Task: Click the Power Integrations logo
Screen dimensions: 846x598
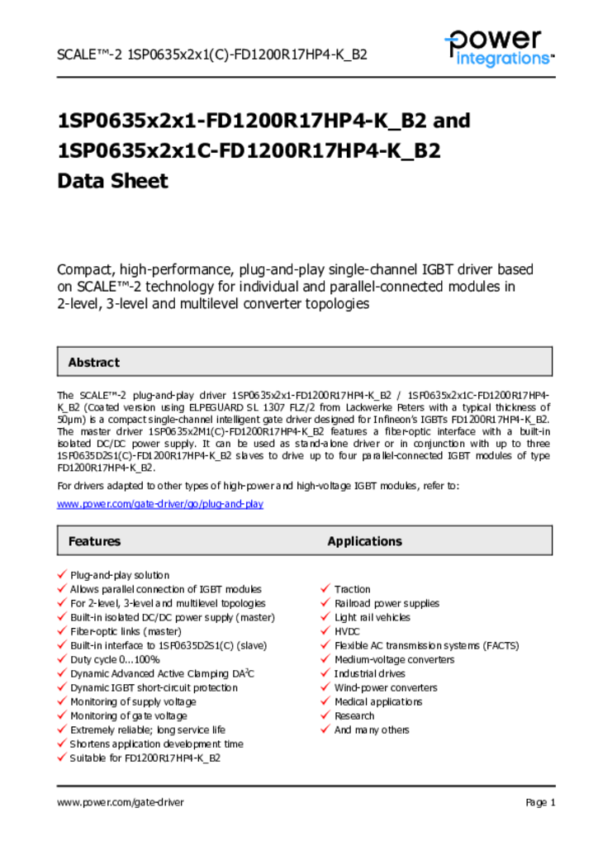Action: (x=498, y=47)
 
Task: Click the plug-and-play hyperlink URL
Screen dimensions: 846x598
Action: (x=160, y=504)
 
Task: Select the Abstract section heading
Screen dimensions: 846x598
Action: (x=93, y=362)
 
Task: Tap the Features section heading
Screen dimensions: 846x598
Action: (x=94, y=541)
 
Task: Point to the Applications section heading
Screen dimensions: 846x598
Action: (x=364, y=541)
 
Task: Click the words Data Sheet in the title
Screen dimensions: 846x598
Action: (x=112, y=181)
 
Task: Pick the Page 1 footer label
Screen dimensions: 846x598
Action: (x=540, y=802)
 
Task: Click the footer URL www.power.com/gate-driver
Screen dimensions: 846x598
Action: (x=121, y=802)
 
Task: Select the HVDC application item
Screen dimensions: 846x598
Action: (x=347, y=631)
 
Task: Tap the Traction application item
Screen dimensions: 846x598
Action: (x=352, y=589)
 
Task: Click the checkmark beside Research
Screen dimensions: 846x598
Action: (x=325, y=715)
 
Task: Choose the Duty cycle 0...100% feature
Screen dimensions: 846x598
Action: (x=115, y=659)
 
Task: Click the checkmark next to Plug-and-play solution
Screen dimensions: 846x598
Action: (x=62, y=574)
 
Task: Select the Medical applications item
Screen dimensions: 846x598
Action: (x=378, y=701)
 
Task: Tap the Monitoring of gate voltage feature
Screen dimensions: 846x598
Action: (x=128, y=715)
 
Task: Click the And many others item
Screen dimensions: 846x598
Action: (x=372, y=730)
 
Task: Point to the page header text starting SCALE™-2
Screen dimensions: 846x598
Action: (x=211, y=55)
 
